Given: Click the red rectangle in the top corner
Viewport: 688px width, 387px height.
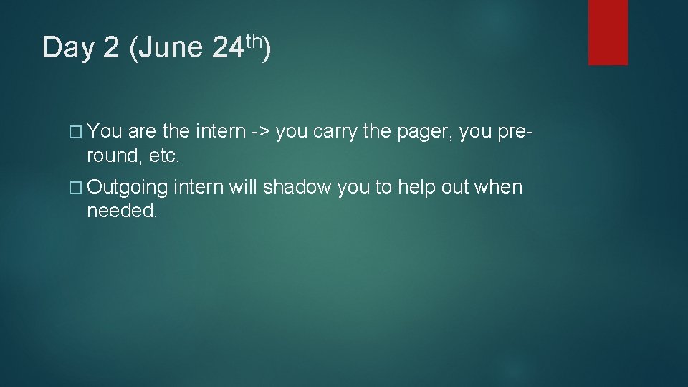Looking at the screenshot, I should pos(608,32).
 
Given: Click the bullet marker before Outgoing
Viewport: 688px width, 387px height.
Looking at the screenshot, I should pos(78,188).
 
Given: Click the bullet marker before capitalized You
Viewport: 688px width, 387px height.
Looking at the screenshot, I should pos(78,131).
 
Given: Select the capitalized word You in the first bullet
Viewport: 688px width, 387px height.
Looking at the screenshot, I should pos(106,131).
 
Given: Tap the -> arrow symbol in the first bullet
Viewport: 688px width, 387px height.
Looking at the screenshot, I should pos(258,131).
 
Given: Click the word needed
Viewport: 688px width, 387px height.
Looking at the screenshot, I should pos(121,211).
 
